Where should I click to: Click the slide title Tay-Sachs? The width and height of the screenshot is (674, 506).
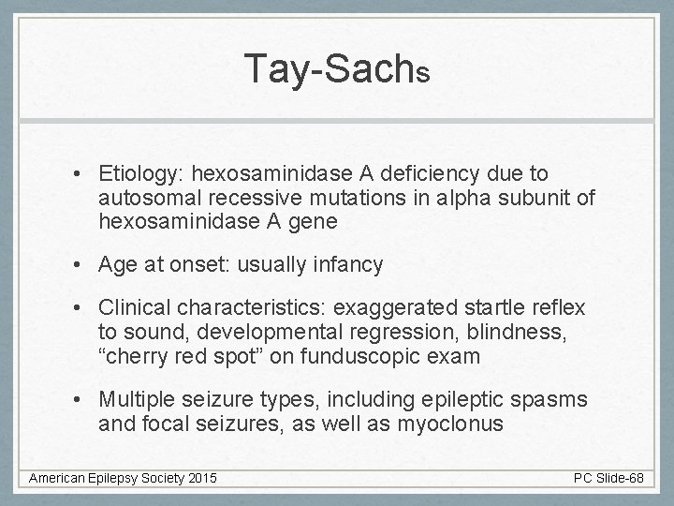point(337,67)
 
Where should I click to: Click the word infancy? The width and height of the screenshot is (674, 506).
point(347,265)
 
